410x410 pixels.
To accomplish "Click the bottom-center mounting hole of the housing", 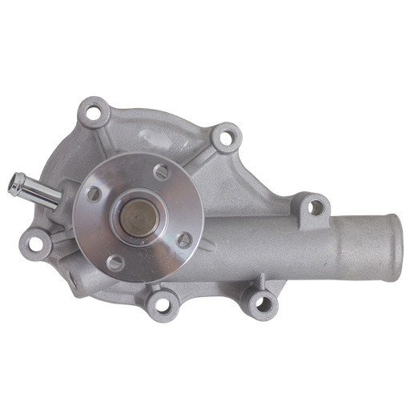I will [164, 304].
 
